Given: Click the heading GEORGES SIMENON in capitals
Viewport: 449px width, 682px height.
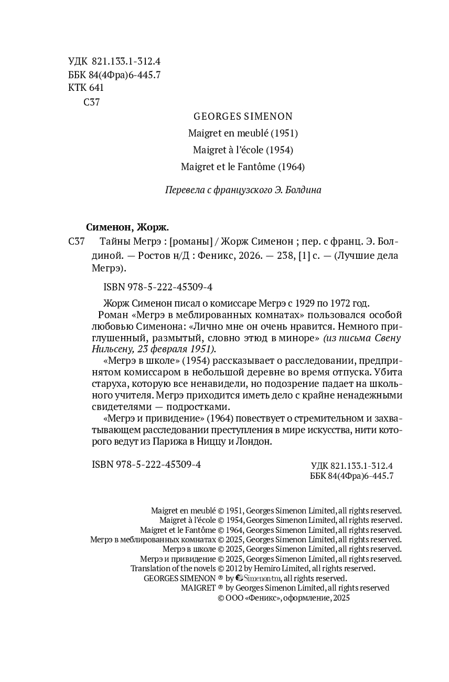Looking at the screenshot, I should point(243,116).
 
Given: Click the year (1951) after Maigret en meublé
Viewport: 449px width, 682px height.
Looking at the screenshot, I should point(284,133).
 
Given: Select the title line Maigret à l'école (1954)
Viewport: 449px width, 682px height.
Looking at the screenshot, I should point(243,150).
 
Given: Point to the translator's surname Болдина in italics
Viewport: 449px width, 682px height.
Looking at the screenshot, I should point(303,190).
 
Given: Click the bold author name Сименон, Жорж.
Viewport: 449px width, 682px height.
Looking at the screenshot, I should point(127,227).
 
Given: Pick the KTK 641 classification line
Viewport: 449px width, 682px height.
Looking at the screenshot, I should point(86,88).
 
